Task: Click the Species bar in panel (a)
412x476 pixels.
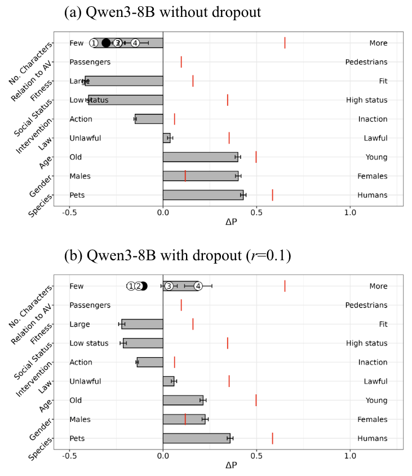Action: (x=203, y=195)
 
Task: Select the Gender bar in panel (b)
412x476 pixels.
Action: (x=184, y=419)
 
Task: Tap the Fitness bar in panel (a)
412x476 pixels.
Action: (x=124, y=81)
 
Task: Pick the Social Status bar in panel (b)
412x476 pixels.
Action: (x=143, y=343)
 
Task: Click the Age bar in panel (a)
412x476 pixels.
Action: (x=200, y=157)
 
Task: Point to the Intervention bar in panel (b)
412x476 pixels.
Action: (x=149, y=362)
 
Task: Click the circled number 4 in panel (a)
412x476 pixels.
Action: (x=135, y=43)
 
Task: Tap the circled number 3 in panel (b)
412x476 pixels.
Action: (x=168, y=286)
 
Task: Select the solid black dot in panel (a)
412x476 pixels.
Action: (x=106, y=43)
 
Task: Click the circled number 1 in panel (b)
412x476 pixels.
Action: (x=131, y=286)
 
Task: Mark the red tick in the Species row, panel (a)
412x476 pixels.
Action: (x=272, y=195)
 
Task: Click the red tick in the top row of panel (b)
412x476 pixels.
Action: (x=285, y=286)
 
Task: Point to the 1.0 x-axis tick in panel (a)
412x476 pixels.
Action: (x=350, y=212)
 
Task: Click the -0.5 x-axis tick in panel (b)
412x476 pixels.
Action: (x=69, y=456)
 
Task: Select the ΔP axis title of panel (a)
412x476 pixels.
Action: (x=231, y=223)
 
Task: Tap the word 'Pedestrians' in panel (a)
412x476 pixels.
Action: (x=366, y=62)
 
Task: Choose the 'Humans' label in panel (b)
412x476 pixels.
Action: (x=372, y=438)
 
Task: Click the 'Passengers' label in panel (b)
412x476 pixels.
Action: (x=90, y=305)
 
